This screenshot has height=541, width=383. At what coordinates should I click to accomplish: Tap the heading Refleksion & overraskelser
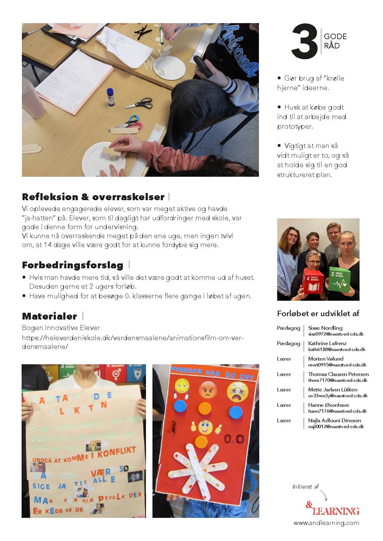[x=93, y=197]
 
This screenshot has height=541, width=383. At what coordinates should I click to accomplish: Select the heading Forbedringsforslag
[x=73, y=265]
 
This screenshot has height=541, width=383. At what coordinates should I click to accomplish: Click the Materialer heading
[x=49, y=316]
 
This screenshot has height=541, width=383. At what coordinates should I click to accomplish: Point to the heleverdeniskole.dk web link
[x=133, y=342]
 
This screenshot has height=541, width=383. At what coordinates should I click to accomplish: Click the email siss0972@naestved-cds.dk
[x=336, y=334]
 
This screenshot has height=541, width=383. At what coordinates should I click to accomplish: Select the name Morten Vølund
[x=326, y=359]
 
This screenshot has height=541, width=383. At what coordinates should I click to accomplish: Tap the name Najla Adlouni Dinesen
[x=335, y=420]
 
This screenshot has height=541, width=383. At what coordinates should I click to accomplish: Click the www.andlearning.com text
[x=327, y=523]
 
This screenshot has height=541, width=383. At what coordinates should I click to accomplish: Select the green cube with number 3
[x=340, y=279]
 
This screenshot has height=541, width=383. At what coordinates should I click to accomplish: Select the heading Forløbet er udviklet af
[x=318, y=314]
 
